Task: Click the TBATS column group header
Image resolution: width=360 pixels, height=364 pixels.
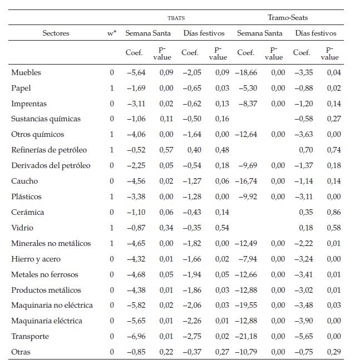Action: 176,18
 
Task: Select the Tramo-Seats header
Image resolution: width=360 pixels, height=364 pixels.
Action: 288,18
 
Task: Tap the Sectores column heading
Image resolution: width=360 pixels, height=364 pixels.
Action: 56,33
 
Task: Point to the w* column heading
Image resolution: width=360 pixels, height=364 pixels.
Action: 112,33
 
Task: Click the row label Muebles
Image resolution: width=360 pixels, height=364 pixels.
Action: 26,72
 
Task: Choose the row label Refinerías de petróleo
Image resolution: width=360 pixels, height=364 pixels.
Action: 49,150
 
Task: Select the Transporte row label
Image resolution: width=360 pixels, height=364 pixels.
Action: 30,336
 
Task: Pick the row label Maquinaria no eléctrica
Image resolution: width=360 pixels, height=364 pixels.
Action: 52,305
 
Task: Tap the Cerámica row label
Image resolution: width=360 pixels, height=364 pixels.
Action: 28,212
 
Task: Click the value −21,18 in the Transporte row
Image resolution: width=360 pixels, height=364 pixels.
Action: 245,336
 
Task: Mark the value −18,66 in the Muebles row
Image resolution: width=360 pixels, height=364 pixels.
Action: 245,72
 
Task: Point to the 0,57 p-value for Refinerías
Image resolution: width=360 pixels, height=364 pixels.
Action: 165,150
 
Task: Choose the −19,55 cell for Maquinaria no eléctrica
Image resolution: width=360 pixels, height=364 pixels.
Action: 245,305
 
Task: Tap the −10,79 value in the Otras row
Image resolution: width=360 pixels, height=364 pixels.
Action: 245,352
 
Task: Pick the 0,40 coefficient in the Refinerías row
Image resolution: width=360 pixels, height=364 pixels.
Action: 193,150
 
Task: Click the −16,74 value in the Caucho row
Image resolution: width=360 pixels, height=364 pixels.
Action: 245,181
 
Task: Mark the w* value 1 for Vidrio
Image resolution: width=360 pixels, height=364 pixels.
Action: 112,228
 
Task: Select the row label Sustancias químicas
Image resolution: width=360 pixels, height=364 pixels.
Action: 46,119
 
